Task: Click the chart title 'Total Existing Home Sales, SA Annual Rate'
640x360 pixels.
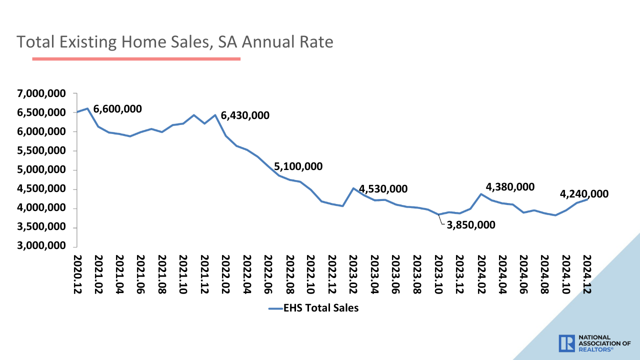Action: coord(175,42)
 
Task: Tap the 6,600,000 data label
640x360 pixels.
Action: coord(117,109)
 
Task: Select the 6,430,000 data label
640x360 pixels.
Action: coord(245,115)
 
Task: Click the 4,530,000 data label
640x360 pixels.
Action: coord(383,189)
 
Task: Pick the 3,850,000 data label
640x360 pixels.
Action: coord(471,225)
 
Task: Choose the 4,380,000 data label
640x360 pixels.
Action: coord(510,187)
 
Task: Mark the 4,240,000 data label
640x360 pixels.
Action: coord(584,194)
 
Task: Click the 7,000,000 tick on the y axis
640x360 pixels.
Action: coord(41,93)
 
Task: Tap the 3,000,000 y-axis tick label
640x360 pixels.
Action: coord(41,246)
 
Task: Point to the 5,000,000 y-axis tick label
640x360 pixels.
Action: coord(41,170)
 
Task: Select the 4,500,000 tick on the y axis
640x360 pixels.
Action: coord(41,189)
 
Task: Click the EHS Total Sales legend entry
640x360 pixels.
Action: coord(313,308)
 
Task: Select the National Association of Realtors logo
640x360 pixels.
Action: coord(594,343)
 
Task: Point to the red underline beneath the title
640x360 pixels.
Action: coord(136,59)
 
